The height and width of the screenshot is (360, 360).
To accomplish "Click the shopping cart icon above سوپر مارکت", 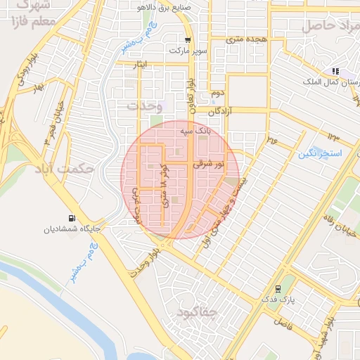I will pos(187,40).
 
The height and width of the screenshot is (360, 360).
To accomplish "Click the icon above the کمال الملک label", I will pos(335,71).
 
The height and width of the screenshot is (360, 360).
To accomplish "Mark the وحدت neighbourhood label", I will pos(145,105).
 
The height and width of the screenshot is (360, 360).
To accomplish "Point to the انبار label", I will pos(140,65).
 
